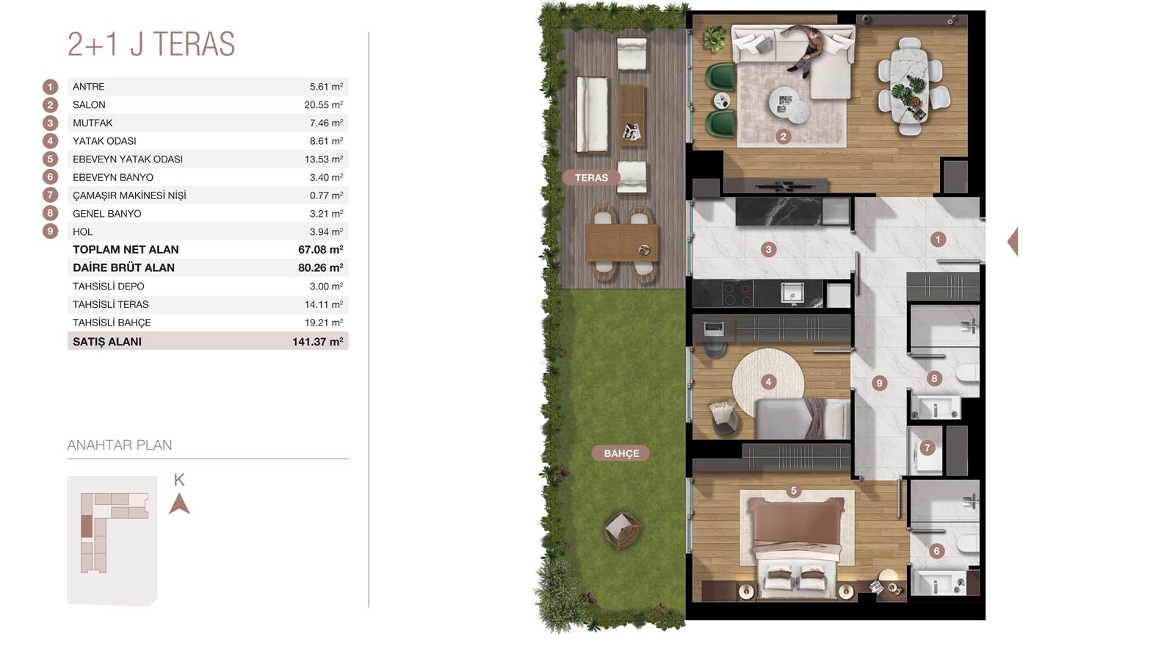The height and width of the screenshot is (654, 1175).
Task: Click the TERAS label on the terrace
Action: pos(591,177)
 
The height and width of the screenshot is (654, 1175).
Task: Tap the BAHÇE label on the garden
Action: pos(621,453)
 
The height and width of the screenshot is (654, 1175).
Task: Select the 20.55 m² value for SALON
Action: pos(324,104)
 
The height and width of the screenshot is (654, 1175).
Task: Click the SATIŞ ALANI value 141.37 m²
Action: pos(318,341)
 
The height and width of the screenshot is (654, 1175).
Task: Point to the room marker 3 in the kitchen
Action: pos(768,249)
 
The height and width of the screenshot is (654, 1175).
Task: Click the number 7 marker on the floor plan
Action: pos(928,448)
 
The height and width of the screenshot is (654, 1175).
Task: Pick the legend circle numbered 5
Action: pos(51,159)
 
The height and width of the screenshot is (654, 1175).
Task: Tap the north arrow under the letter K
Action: pos(179,504)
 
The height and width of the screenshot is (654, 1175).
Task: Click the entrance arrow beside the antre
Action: pos(1013,242)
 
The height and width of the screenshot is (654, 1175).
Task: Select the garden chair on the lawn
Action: pos(622,530)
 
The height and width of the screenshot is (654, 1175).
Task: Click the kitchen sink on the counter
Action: pos(792,293)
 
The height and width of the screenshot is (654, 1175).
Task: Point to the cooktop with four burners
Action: pos(737,293)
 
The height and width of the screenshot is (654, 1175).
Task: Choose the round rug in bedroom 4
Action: pos(768,382)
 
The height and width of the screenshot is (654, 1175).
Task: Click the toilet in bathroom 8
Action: pos(967,373)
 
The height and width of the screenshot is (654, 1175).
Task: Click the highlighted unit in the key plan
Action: pos(87,526)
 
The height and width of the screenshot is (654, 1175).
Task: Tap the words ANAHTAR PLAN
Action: pos(120,445)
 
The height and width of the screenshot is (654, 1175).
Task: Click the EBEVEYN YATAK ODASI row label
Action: pos(128,159)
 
